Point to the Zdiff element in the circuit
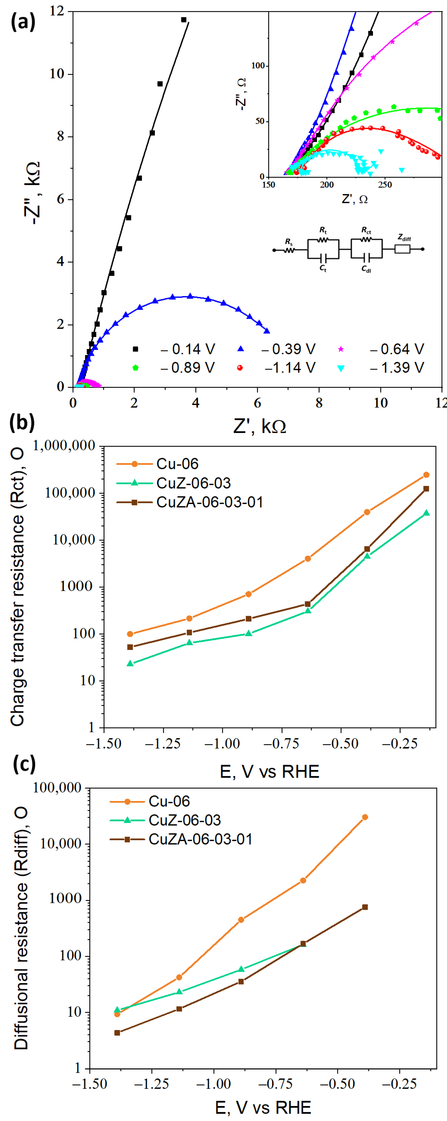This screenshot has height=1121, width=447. (x=402, y=249)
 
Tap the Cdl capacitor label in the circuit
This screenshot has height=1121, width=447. (x=366, y=269)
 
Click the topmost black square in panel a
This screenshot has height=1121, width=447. (x=184, y=20)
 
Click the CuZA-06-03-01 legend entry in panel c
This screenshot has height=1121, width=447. (x=200, y=839)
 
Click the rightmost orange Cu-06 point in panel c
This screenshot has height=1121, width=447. (x=365, y=817)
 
